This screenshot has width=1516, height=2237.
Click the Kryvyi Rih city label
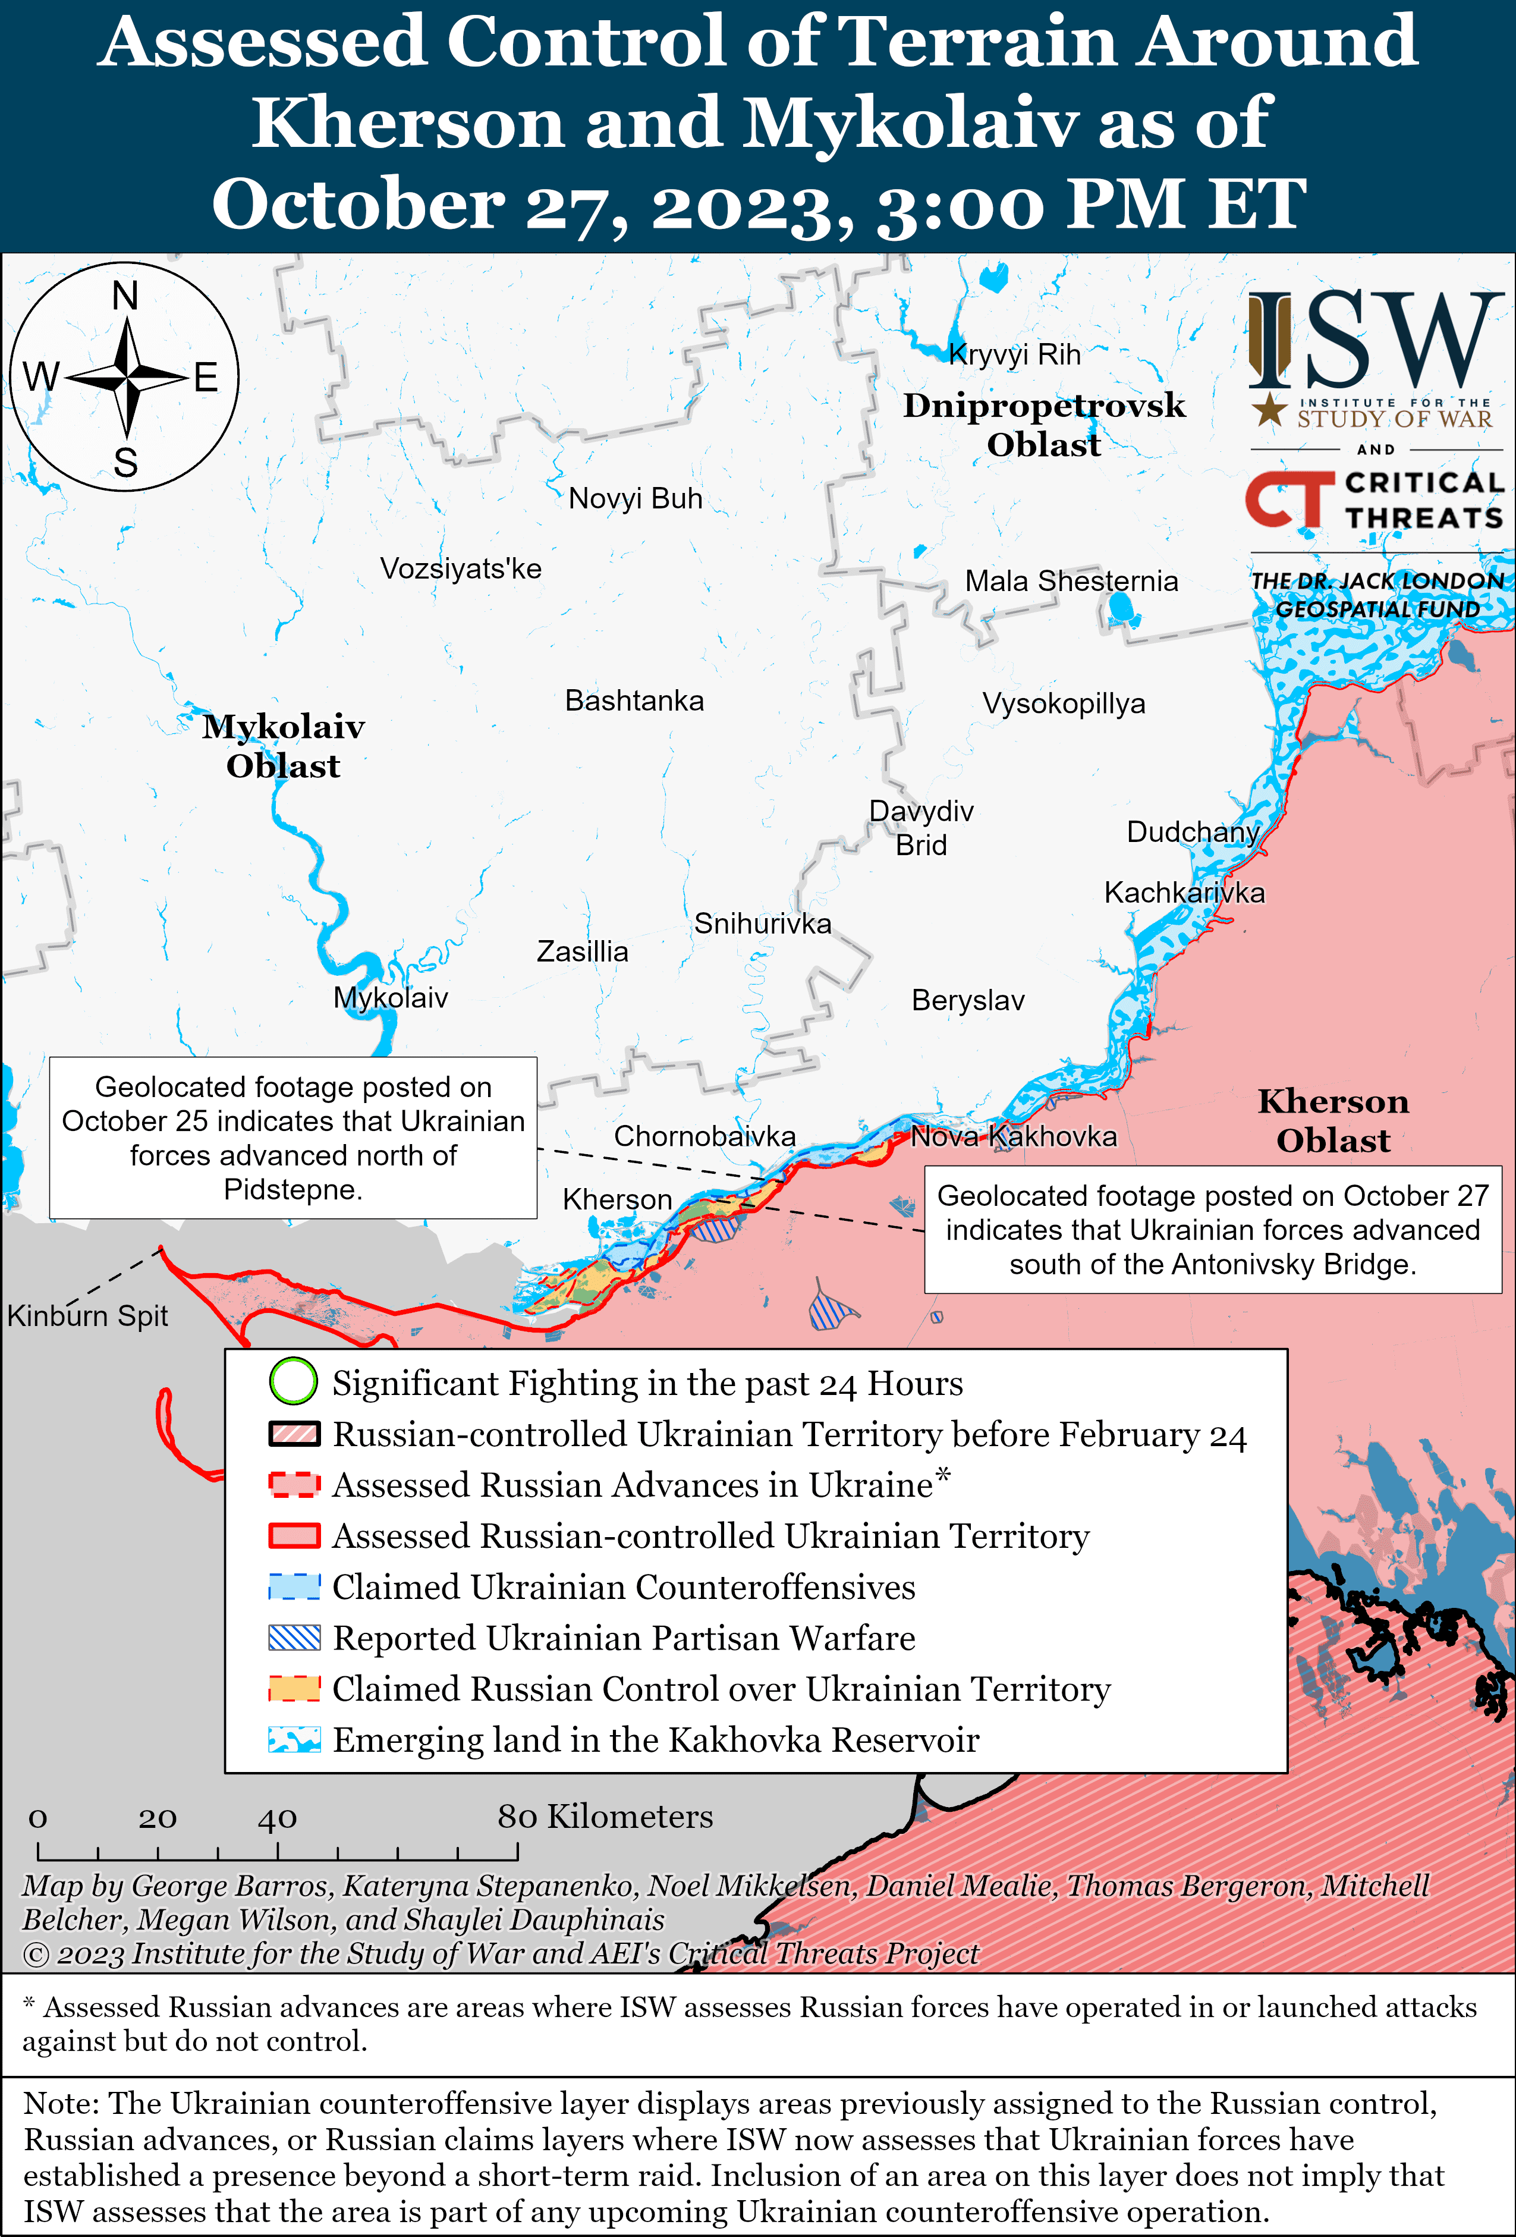click(1014, 355)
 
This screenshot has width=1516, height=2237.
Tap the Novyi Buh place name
click(636, 499)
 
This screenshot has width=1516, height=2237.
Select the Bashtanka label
click(634, 700)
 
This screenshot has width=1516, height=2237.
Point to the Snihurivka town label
click(762, 924)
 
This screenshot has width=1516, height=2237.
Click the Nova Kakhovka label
click(1014, 1137)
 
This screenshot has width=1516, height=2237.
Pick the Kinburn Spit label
click(87, 1316)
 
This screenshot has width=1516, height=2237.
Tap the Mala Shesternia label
click(1071, 582)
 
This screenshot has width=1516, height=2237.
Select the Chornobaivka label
click(704, 1137)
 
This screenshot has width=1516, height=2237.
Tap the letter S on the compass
click(125, 464)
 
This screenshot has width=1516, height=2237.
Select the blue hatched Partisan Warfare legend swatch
click(294, 1638)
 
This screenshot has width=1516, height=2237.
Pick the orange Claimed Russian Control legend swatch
click(294, 1688)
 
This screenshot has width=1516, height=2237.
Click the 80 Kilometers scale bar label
click(605, 1817)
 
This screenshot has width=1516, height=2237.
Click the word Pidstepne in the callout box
click(292, 1190)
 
